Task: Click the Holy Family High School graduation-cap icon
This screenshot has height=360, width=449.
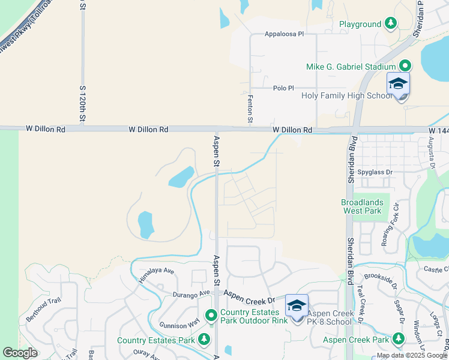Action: [x=398, y=85]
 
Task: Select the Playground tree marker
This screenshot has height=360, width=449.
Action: [x=391, y=24]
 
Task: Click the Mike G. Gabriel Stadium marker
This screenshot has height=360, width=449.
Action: [x=405, y=66]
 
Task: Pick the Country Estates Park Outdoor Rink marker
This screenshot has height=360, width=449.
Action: [x=211, y=315]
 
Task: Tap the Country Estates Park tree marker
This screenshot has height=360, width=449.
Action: [x=204, y=340]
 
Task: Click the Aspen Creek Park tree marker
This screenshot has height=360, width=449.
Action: [x=398, y=340]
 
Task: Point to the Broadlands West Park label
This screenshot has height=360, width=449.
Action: [x=361, y=207]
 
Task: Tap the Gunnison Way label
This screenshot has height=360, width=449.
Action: [x=178, y=324]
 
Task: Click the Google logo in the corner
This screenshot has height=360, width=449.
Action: [x=20, y=353]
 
